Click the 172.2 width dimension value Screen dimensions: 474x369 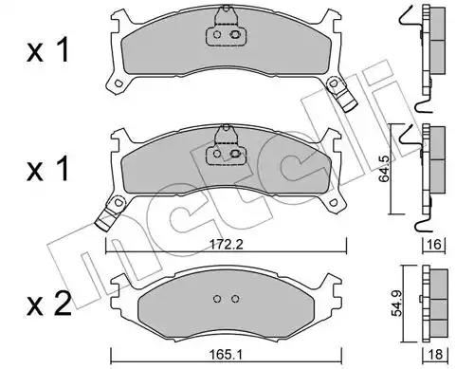point(226,245)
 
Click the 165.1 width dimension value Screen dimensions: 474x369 point(226,355)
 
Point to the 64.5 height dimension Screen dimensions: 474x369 point(384,169)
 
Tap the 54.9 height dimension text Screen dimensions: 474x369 point(397,304)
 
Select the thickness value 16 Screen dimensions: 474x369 point(435,244)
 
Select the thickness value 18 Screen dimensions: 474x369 point(435,355)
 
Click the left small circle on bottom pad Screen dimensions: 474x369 point(217,299)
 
